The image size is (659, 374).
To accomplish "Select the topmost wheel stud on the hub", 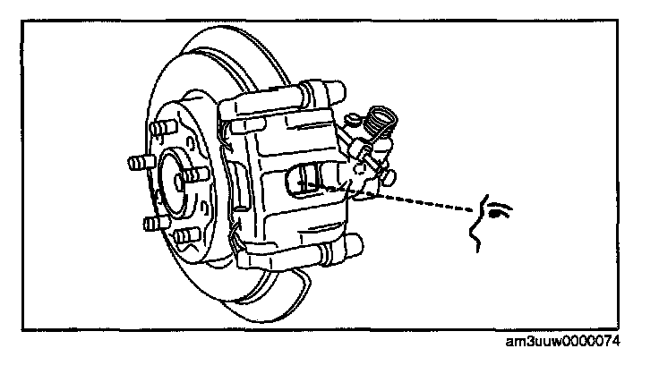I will coord(163,130).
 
